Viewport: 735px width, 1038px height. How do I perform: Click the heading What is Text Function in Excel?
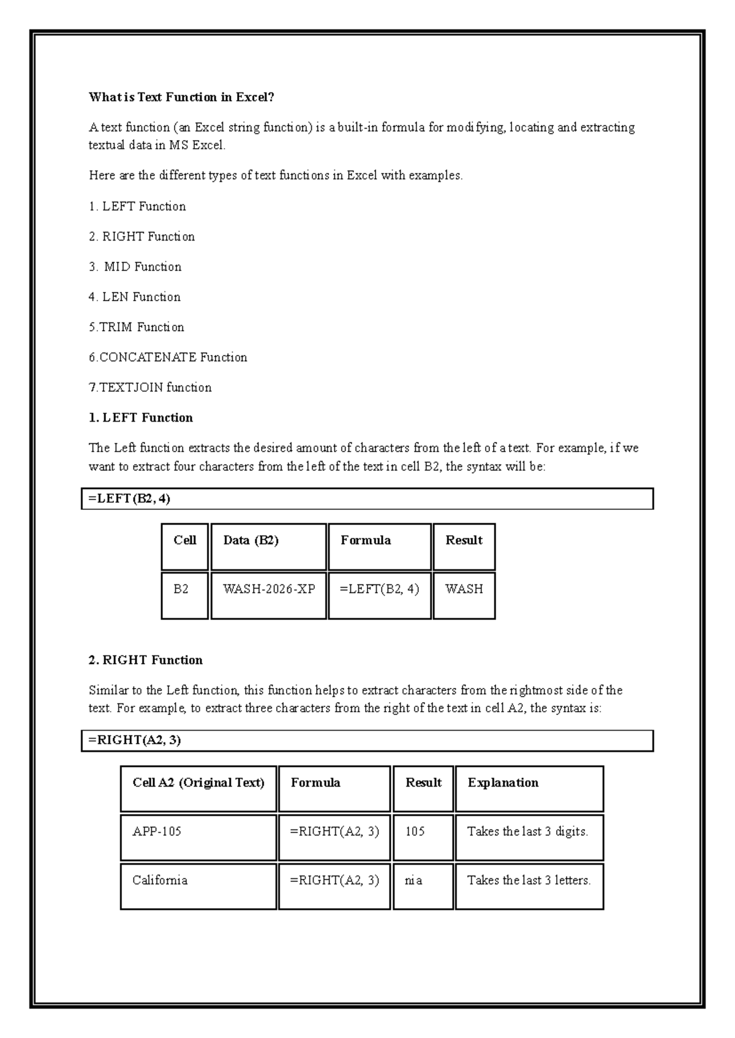[x=181, y=97]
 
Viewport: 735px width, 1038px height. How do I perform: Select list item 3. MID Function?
[x=135, y=267]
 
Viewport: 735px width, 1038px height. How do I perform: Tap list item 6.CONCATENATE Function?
[x=168, y=357]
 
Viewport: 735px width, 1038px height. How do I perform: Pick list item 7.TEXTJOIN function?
[x=150, y=387]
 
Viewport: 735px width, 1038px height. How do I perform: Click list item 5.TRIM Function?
[x=136, y=327]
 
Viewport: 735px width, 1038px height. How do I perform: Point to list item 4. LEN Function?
[x=135, y=297]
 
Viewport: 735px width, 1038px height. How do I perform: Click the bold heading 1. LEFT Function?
[x=141, y=418]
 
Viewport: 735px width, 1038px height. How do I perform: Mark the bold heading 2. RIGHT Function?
[x=146, y=660]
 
